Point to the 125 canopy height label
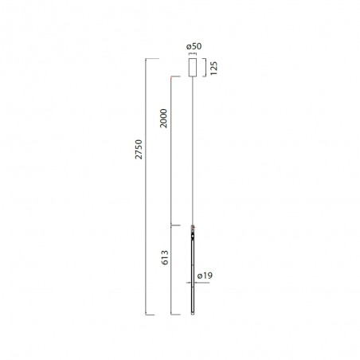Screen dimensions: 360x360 pos(215,68)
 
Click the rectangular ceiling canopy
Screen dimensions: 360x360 pos(193,68)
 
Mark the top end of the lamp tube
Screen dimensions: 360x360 pos(193,224)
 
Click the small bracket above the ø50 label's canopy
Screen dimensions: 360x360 pos(193,57)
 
